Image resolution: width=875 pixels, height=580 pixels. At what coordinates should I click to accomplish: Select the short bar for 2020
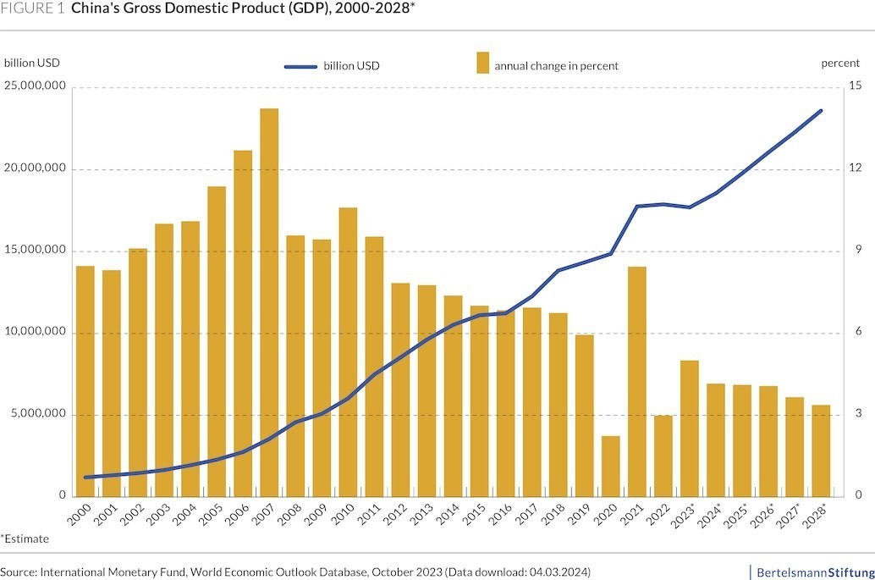click(610, 466)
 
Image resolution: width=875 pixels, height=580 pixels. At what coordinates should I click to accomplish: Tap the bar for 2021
click(636, 381)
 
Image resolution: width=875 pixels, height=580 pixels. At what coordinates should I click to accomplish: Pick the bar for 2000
click(85, 381)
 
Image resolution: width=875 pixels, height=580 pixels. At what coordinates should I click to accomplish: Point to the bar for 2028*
click(821, 450)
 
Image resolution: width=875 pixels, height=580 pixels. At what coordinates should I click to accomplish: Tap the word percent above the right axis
click(839, 64)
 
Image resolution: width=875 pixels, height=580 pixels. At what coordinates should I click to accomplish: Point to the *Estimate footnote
click(25, 539)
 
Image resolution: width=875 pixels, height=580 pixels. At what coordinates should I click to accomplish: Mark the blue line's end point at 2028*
click(821, 110)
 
